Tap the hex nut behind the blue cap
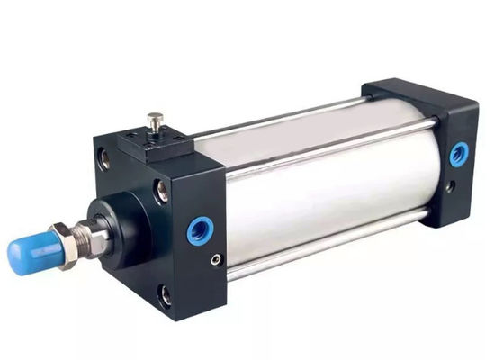pyautogui.click(x=65, y=239)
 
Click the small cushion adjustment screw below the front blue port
pyautogui.click(x=215, y=259)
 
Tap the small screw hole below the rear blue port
pyautogui.click(x=449, y=188)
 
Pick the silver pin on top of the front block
pyautogui.click(x=156, y=121)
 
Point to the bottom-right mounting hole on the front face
pyautogui.click(x=164, y=292)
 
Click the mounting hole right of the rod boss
pyautogui.click(x=161, y=190)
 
